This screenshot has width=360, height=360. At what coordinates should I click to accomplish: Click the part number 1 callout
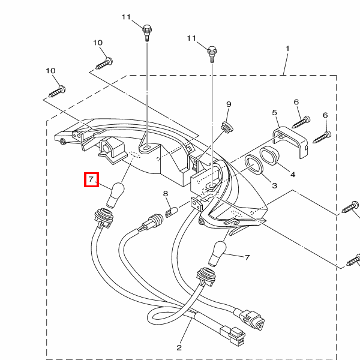pyautogui.click(x=287, y=48)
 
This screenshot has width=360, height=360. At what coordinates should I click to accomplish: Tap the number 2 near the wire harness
pyautogui.click(x=179, y=347)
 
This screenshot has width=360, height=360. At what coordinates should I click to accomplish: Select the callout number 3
pyautogui.click(x=274, y=186)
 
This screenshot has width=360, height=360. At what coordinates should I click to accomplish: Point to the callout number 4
pyautogui.click(x=293, y=175)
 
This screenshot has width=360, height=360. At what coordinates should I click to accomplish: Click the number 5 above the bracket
pyautogui.click(x=274, y=113)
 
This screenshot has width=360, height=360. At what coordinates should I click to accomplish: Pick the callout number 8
pyautogui.click(x=166, y=193)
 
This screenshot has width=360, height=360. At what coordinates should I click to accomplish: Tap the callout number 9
pyautogui.click(x=229, y=104)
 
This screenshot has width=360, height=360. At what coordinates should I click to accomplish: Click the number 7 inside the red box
pyautogui.click(x=91, y=179)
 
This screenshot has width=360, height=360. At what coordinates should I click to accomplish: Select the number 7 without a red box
pyautogui.click(x=247, y=257)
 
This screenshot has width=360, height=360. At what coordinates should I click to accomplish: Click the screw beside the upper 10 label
pyautogui.click(x=104, y=61)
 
